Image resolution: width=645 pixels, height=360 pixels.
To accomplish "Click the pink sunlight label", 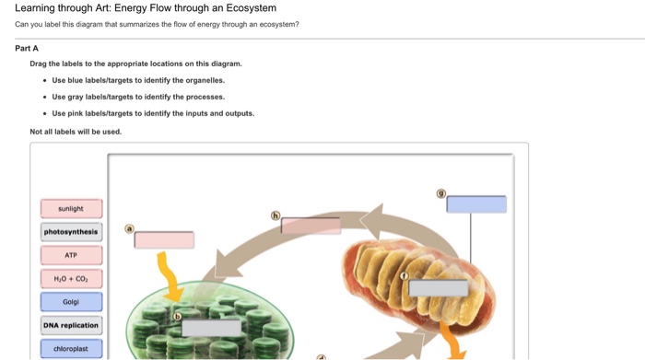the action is pos(71,208).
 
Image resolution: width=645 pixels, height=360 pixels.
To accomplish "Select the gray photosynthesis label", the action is pos(71,232).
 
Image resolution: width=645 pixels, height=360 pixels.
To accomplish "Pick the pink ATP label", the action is pos(71,255).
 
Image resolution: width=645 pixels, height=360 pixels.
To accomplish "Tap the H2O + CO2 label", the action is pos(71,279).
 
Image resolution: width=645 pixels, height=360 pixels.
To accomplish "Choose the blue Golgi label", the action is pos(71,302).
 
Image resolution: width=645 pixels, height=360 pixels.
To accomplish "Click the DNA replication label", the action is pos(71,326).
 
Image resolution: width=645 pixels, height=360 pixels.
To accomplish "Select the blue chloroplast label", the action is pos(71,349).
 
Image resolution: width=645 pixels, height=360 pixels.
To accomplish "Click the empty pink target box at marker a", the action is pos(164,240).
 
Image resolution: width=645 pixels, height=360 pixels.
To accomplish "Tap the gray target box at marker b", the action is pos(211,329).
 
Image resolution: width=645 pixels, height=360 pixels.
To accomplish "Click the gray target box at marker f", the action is pos(439,288).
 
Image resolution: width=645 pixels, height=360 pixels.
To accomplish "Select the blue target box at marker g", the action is pos(476,204).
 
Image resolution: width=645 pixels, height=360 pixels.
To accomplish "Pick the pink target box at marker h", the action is pos(311,226).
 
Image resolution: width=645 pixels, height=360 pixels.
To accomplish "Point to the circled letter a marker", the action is pos(130,228).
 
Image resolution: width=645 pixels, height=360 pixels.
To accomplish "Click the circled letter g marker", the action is pos(441,193).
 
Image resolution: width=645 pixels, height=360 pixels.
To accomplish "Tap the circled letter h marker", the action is pos(276,215).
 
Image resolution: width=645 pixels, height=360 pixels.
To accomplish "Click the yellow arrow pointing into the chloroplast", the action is pos(169,277).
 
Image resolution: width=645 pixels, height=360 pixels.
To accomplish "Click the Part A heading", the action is pos(27,49).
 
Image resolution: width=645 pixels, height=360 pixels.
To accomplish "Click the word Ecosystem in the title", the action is pos(252,7).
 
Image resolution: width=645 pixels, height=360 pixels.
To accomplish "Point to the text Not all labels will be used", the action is pos(76,132).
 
